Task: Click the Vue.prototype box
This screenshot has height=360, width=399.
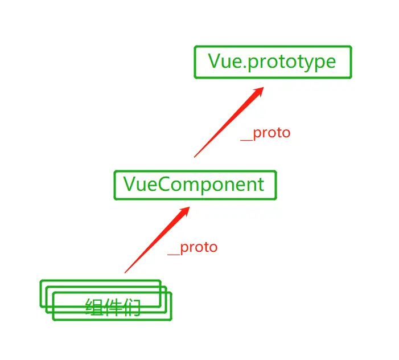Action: click(273, 62)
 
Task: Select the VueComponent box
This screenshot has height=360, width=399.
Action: click(195, 185)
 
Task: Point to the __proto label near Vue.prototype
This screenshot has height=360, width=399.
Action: click(266, 133)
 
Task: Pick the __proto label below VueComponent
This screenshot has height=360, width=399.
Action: click(193, 248)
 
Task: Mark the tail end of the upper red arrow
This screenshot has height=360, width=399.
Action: click(195, 156)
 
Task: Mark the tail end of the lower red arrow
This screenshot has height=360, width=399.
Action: click(125, 272)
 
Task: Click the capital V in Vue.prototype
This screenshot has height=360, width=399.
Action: click(215, 61)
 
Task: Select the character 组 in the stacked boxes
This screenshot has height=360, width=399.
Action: click(94, 308)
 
